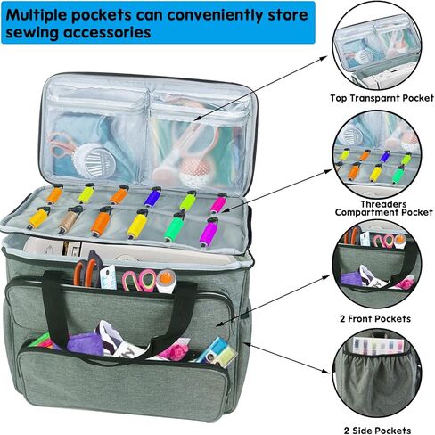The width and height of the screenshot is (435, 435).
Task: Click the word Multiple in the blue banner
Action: [37, 15]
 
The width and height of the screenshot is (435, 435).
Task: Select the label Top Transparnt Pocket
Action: [382, 98]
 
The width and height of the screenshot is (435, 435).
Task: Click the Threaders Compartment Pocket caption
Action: [383, 209]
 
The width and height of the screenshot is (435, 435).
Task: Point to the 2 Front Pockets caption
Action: [375, 319]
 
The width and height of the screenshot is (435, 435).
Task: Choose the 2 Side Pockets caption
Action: [377, 431]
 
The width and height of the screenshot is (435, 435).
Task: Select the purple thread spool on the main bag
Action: [209, 232]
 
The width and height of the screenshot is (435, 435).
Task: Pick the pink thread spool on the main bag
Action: [218, 203]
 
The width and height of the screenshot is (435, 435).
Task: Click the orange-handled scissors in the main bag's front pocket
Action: [87, 269]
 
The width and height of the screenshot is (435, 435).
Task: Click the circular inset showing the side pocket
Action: [377, 378]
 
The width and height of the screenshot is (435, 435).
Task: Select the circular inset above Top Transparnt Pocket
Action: [377, 46]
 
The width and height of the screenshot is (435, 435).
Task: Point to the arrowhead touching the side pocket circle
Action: [327, 371]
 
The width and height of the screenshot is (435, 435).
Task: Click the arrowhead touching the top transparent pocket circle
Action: [327, 56]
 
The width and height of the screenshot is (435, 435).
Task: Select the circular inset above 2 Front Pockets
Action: [377, 267]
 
